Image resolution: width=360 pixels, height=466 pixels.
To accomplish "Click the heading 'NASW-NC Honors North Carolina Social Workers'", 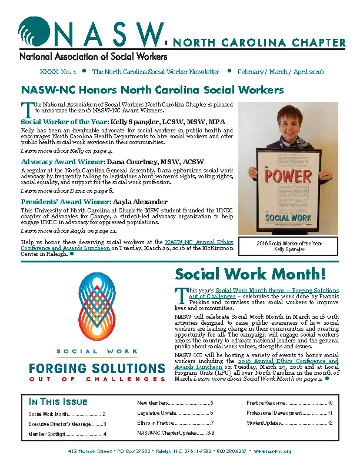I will (152, 91).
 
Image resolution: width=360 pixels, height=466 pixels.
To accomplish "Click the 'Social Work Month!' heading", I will (250, 274).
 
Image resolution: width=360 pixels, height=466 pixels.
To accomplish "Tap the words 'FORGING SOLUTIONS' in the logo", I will (97, 368).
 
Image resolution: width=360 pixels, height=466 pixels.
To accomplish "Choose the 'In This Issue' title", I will (58, 402).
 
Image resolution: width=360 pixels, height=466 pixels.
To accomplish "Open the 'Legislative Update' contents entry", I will (175, 413).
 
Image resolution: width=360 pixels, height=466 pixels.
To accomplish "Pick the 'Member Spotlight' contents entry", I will (67, 434).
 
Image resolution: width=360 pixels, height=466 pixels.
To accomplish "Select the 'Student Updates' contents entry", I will (289, 423).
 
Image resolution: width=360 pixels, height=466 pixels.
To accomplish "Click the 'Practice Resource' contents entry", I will (289, 403).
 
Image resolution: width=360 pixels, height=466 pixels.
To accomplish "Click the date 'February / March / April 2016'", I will (280, 72).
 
